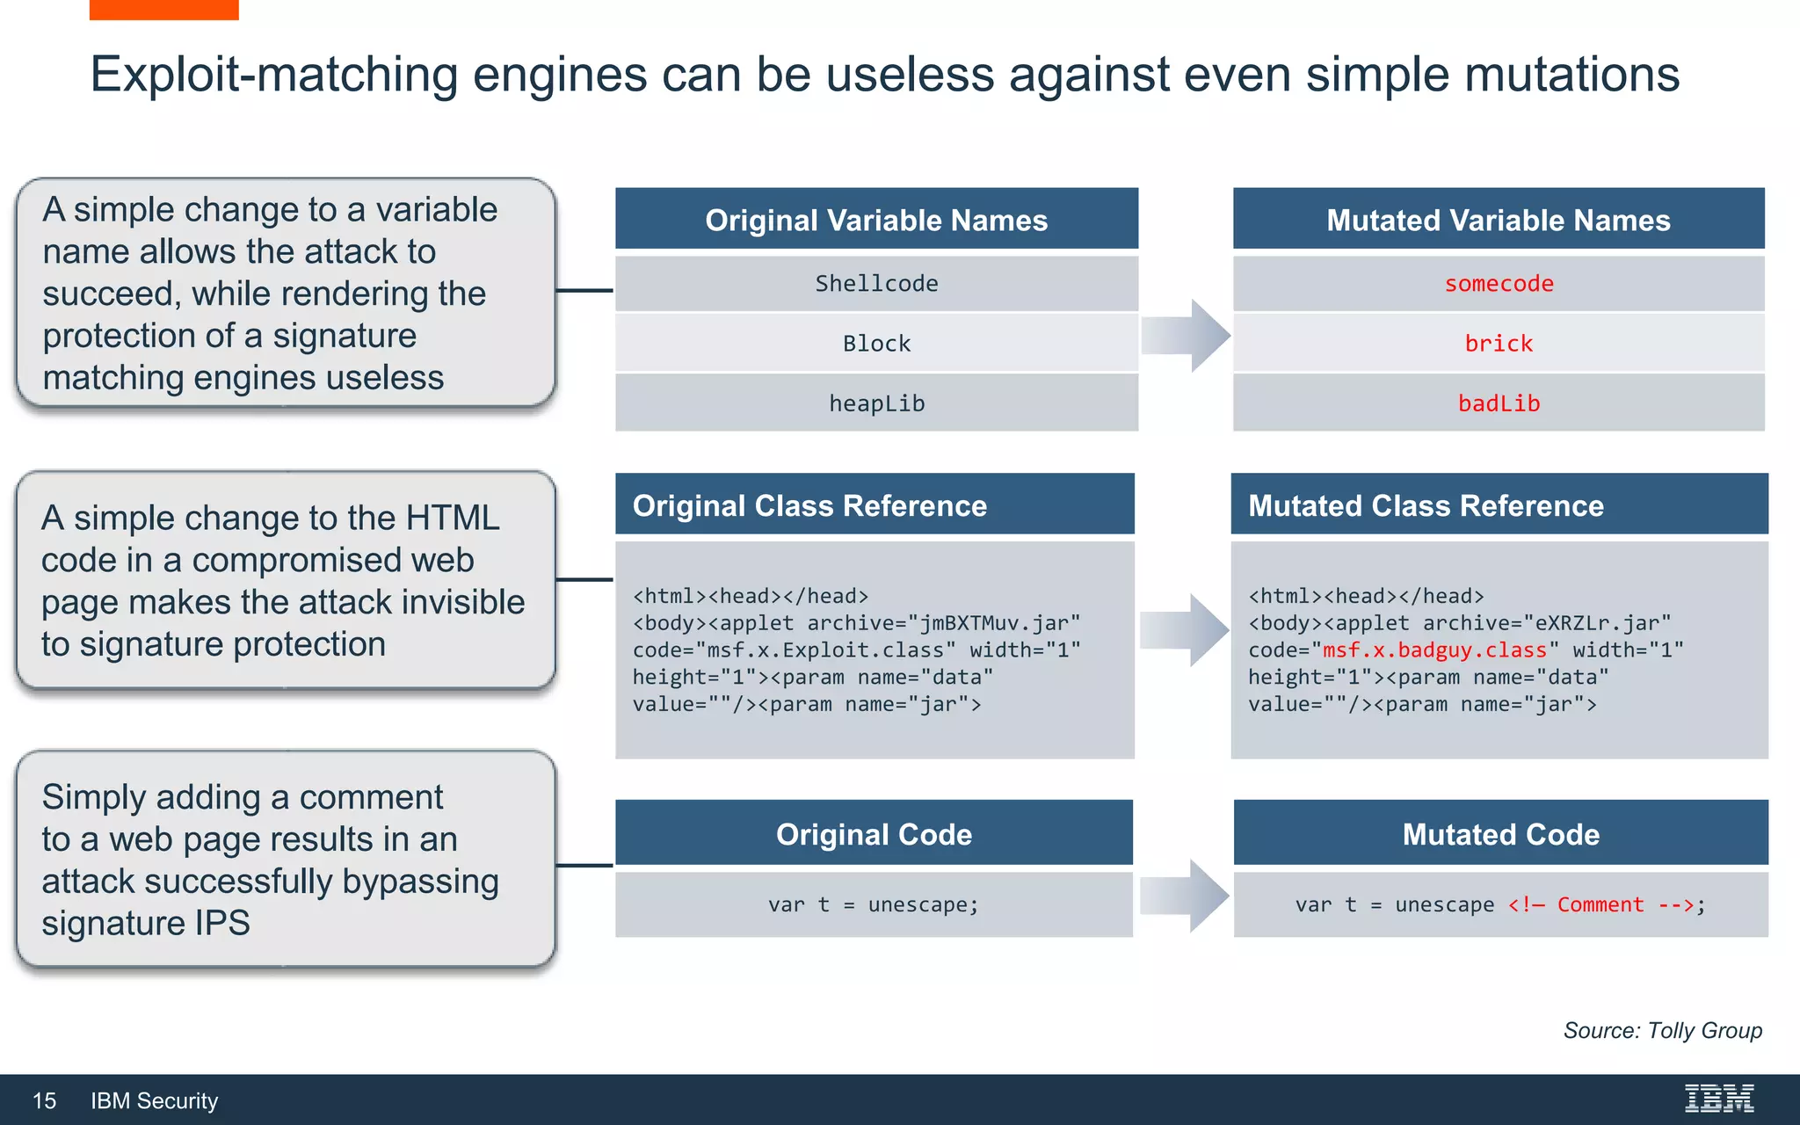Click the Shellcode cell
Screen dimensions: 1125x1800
tap(876, 284)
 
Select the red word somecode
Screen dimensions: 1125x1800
tap(1499, 284)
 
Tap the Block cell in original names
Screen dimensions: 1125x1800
tap(876, 344)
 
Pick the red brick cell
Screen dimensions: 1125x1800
tap(1499, 344)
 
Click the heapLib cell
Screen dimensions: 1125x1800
tap(876, 403)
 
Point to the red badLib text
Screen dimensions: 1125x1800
tap(1499, 403)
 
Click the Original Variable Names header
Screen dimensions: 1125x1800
tap(876, 220)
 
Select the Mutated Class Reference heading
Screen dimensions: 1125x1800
tap(1426, 505)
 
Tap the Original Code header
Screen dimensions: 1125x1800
tap(874, 834)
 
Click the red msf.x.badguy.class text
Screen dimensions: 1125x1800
tap(1434, 650)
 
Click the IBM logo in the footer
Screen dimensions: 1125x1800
tap(1718, 1099)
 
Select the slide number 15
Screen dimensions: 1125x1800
tap(44, 1100)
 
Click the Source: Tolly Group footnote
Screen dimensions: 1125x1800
tap(1662, 1030)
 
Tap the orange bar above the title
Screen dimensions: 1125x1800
tap(163, 9)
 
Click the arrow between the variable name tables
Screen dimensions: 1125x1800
tap(1187, 335)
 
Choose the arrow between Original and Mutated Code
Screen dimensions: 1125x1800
tap(1185, 896)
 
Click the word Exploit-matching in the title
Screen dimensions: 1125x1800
tap(273, 74)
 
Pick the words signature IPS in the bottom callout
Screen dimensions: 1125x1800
tap(146, 923)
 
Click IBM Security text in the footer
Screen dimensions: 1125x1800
tap(155, 1100)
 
